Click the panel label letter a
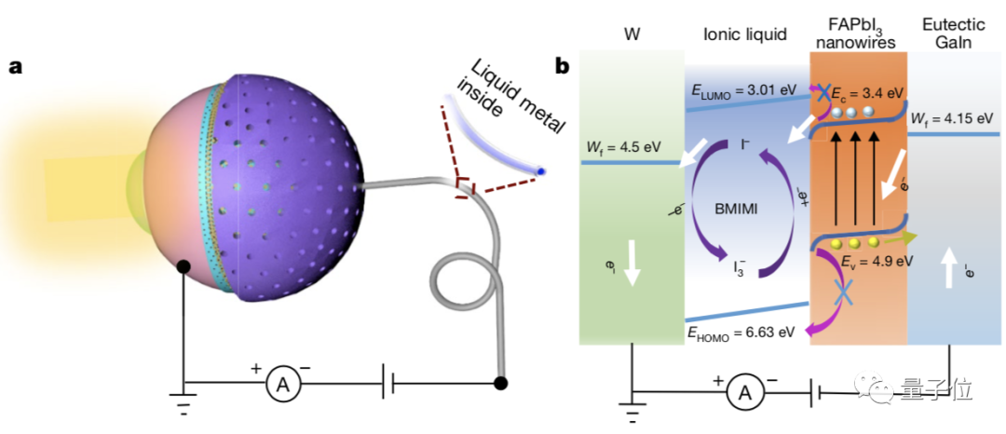tap(16, 69)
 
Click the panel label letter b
tap(563, 67)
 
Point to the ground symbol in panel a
tap(184, 398)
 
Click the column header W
tap(632, 35)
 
